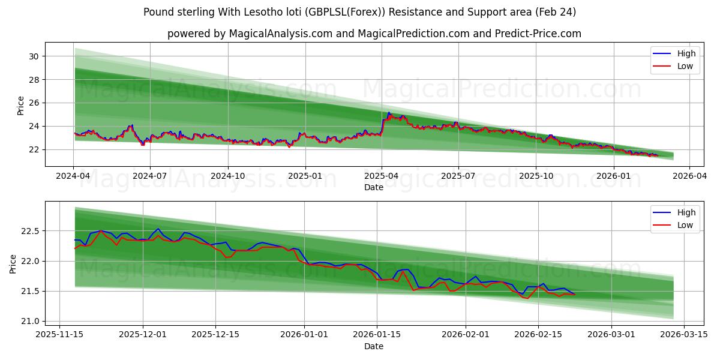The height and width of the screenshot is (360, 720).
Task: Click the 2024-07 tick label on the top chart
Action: [x=149, y=176]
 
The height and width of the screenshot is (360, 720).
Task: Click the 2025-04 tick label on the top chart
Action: [x=382, y=176]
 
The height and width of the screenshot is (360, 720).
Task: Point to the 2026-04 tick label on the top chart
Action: [x=689, y=176]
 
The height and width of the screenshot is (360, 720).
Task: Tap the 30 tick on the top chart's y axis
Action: [x=34, y=56]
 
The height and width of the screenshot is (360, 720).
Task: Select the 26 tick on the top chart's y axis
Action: [x=34, y=103]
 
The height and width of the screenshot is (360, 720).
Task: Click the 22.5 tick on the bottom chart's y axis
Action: [x=29, y=231]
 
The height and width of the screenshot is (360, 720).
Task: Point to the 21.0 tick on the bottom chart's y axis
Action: [x=29, y=321]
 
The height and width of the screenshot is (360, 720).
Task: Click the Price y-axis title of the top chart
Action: [x=20, y=106]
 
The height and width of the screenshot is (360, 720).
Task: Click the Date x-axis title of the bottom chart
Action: [x=374, y=346]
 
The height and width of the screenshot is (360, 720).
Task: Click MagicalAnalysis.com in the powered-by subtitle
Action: [x=280, y=34]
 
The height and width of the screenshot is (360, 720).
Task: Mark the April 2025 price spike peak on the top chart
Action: [x=389, y=112]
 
